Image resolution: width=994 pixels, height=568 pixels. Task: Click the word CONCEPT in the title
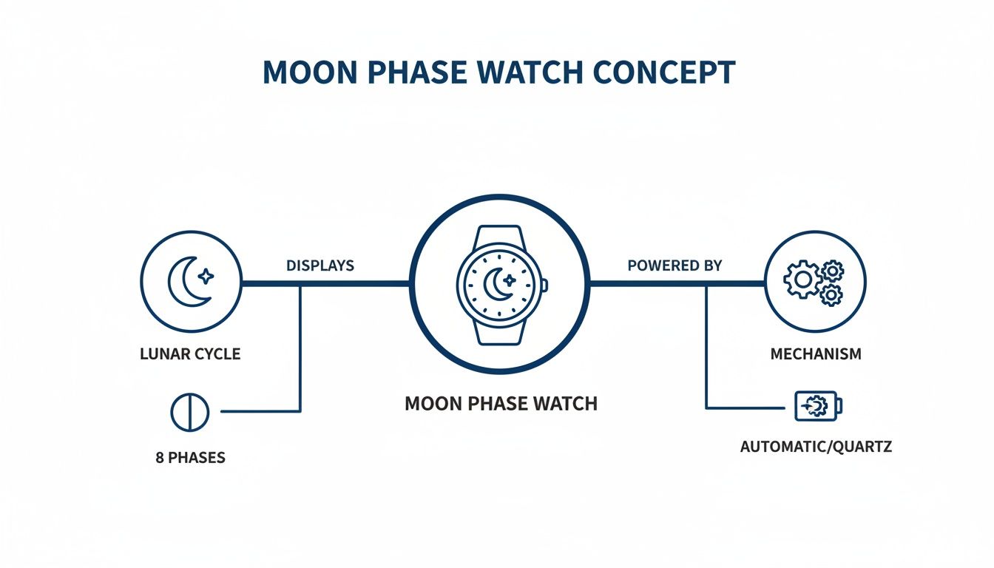tap(664, 72)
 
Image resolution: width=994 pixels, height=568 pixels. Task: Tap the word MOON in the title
tap(310, 72)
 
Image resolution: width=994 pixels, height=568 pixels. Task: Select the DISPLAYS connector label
tap(320, 266)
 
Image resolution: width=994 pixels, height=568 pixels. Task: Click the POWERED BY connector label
tap(674, 266)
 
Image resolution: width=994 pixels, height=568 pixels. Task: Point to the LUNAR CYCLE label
tap(190, 354)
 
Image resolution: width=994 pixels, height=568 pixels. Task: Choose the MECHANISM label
tap(816, 354)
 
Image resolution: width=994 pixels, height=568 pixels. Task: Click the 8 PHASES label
tap(190, 457)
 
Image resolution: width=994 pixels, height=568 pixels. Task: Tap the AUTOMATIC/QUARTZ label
tap(816, 446)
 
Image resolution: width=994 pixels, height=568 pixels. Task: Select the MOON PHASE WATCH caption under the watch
tap(501, 403)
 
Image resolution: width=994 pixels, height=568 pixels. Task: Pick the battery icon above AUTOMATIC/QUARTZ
tap(818, 405)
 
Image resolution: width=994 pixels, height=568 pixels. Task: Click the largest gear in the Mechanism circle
tap(802, 280)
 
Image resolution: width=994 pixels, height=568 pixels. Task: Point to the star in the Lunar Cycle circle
tap(206, 276)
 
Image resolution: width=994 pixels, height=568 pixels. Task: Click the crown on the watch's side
tap(545, 285)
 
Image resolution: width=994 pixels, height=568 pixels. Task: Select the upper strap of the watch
tap(499, 235)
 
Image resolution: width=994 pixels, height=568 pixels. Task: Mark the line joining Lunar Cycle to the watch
tap(325, 283)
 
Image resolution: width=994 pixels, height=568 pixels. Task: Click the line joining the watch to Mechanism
tap(677, 283)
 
